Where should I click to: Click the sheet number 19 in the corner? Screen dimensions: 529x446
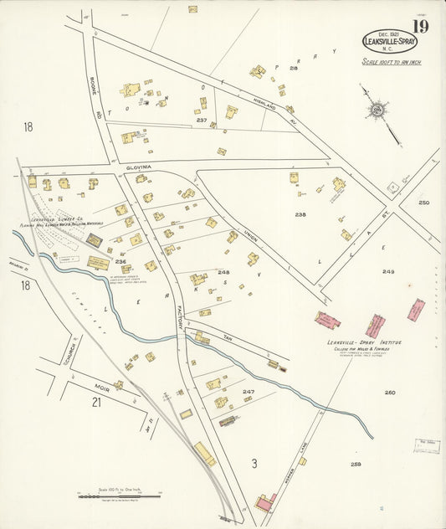[x=419, y=28]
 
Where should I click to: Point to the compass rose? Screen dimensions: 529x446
[x=377, y=109]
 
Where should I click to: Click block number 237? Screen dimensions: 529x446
[x=201, y=120]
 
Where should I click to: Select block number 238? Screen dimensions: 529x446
[x=300, y=213]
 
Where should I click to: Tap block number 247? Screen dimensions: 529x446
[x=249, y=391]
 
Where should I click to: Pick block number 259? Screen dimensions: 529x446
[x=356, y=464]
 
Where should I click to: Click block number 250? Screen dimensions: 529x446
[x=423, y=203]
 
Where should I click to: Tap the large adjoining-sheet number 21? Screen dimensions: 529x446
[x=96, y=403]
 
